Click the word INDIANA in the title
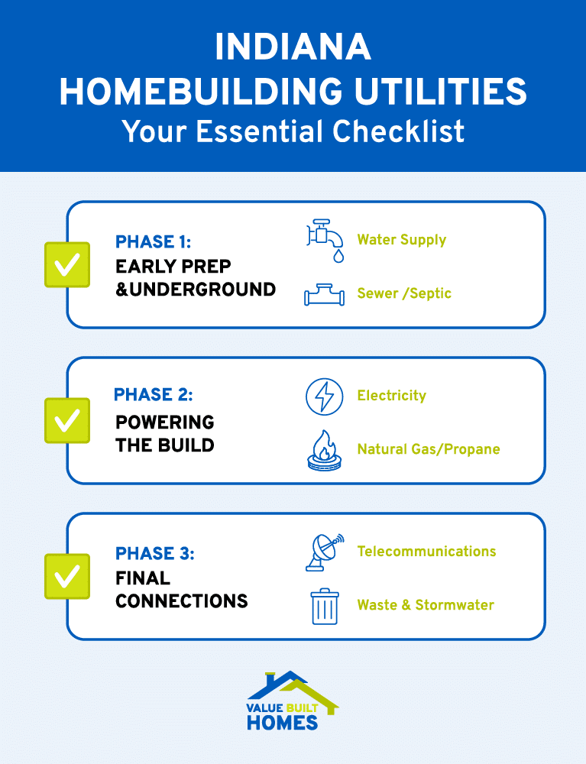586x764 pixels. point(293,47)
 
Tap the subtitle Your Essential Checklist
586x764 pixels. point(293,131)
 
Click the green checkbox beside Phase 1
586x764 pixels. point(67,264)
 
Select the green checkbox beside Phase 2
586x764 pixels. point(67,420)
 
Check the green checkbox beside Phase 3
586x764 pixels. point(67,576)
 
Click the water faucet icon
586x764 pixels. point(325,239)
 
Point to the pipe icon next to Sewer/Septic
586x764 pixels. point(325,294)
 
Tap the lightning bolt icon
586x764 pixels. point(325,396)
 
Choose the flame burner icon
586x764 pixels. point(325,450)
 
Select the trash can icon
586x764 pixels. point(325,606)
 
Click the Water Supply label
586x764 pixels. point(401,240)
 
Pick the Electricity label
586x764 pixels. point(391,396)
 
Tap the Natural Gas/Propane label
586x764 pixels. point(428,449)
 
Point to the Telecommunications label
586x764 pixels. point(426,552)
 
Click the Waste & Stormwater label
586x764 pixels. point(426,605)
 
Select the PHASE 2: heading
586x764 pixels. point(153,395)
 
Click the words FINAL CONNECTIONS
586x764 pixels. point(181,590)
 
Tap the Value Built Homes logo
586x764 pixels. point(293,701)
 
